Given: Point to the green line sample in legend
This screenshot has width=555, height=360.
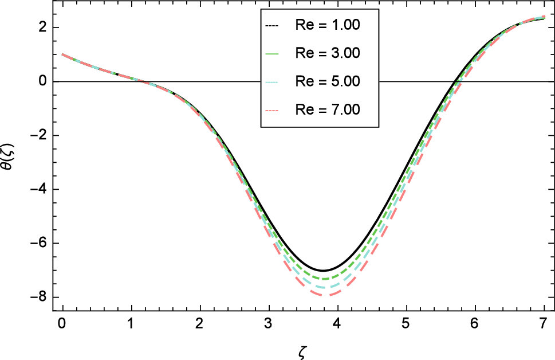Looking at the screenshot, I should click(271, 53).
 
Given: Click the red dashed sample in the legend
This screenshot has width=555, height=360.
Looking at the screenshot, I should click(271, 109).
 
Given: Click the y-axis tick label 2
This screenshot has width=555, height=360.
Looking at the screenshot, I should click(42, 28).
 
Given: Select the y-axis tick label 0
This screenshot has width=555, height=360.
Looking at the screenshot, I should click(42, 81).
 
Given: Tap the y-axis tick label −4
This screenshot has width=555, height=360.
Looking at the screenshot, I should click(38, 189).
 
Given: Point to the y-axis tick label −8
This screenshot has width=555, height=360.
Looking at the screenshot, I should click(38, 297).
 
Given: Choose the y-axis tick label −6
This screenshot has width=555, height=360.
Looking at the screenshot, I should click(38, 243).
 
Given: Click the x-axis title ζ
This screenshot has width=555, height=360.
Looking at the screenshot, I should click(303, 348).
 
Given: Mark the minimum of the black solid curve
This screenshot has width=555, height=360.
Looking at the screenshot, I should click(323, 271).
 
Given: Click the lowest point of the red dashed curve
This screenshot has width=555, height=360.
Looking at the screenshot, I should click(323, 295).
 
